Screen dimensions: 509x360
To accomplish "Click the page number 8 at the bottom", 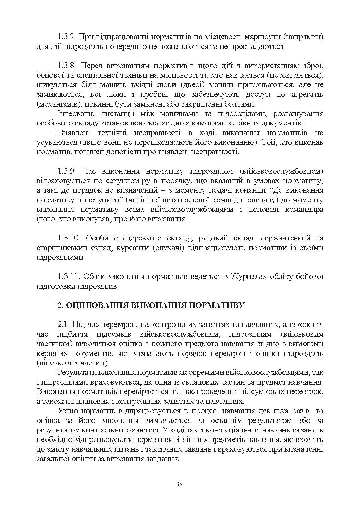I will click(180, 484).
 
